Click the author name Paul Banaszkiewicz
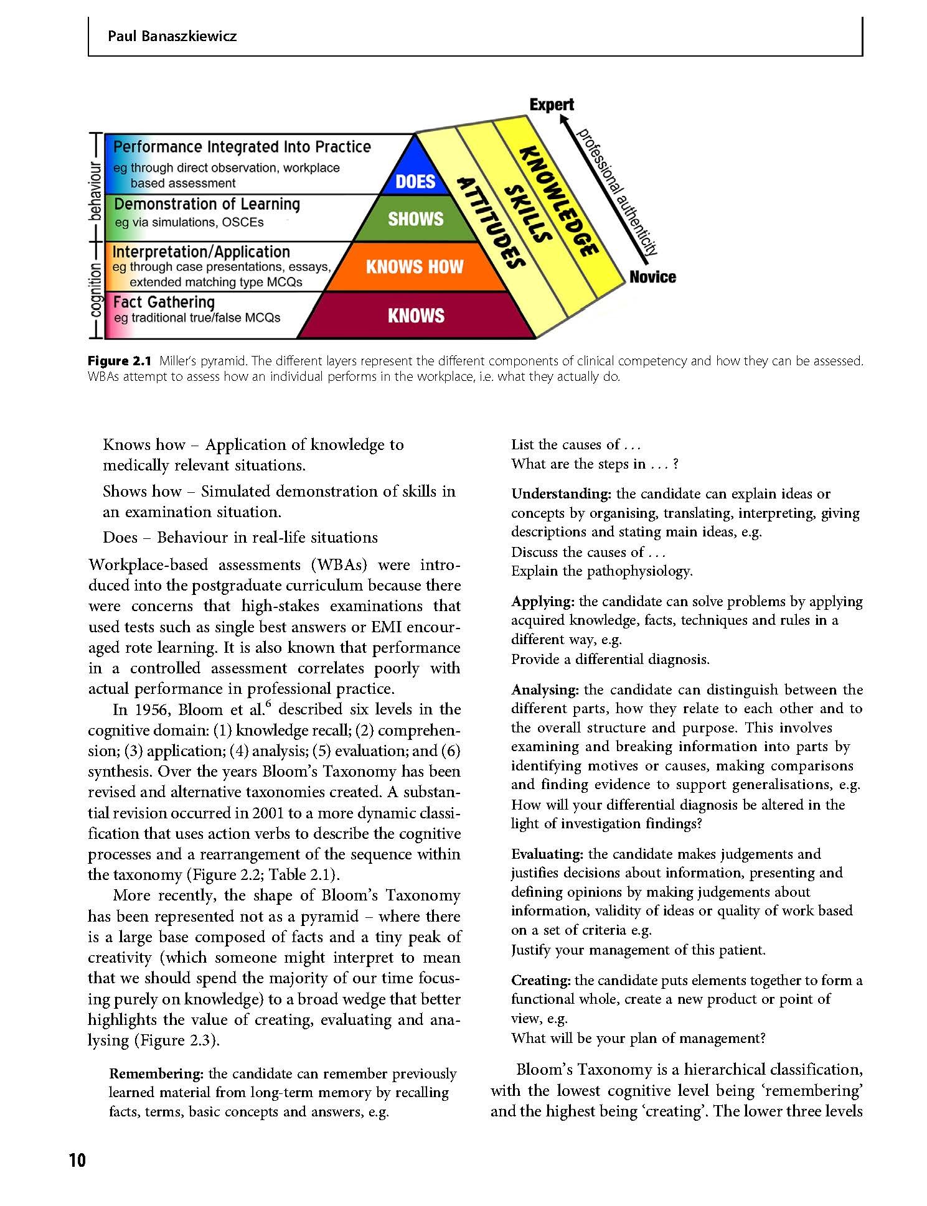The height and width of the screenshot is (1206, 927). point(172,36)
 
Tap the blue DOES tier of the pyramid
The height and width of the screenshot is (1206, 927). point(415,181)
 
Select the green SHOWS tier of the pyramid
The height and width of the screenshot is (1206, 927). point(415,219)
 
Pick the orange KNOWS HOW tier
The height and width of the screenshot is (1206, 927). point(415,267)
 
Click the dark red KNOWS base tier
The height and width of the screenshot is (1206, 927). point(416,316)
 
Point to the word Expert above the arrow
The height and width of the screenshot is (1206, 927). point(552,105)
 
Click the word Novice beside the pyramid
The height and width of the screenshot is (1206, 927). point(652,277)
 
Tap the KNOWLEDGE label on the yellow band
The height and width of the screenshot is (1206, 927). point(558,201)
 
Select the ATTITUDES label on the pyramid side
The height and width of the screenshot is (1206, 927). point(489,223)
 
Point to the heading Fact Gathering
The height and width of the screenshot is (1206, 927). point(164,302)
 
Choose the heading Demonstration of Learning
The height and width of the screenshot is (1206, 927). point(207,204)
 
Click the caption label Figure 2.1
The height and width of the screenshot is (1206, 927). point(120,361)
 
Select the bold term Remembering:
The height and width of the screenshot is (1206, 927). point(156,1073)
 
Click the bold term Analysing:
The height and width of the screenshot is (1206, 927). point(545,689)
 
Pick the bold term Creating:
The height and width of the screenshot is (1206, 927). point(540,980)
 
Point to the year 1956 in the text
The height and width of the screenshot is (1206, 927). point(152,710)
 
